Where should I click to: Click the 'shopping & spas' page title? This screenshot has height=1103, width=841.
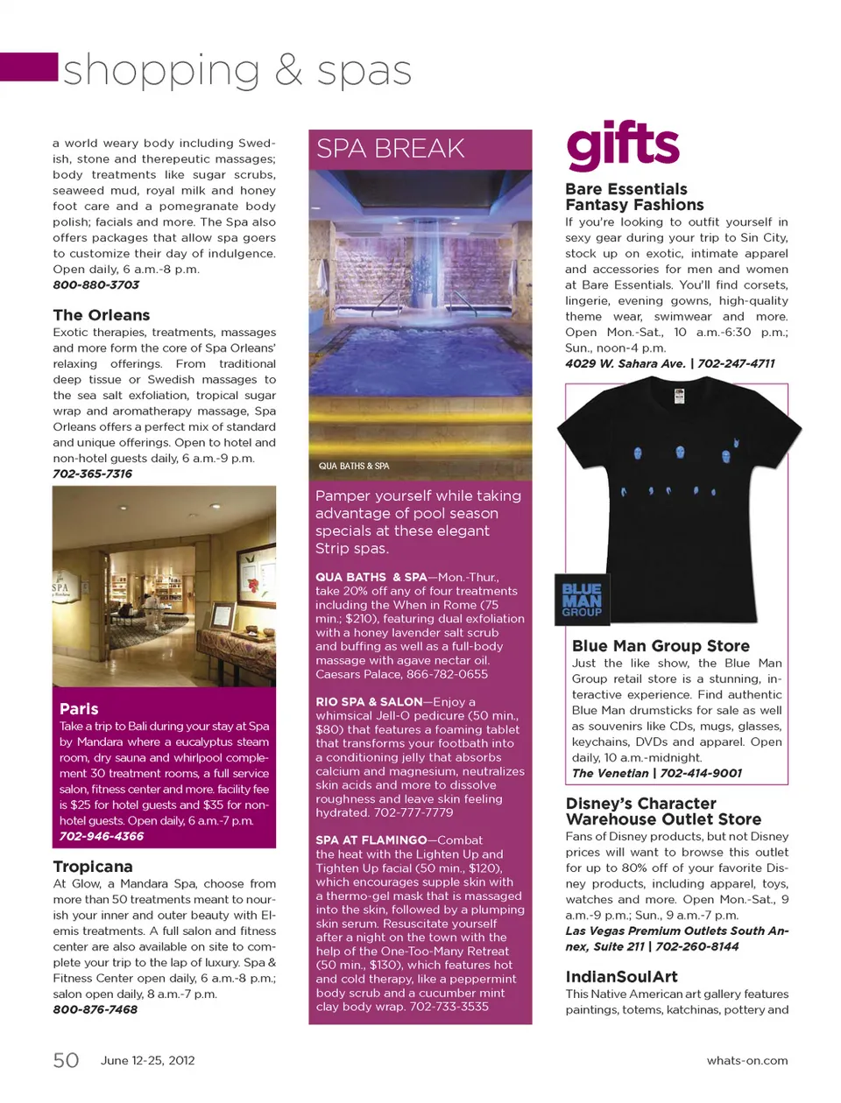[237, 70]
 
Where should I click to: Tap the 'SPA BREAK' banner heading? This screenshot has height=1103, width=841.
[391, 149]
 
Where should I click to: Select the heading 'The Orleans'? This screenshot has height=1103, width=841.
[101, 315]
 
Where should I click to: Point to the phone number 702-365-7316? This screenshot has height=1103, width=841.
[92, 474]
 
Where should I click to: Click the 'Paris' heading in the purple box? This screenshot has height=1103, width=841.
[79, 709]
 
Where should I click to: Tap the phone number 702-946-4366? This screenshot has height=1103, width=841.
[101, 836]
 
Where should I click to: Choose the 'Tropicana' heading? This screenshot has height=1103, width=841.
[93, 867]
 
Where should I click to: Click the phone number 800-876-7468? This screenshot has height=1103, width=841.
[95, 1009]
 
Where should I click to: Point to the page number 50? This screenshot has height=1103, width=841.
[66, 1060]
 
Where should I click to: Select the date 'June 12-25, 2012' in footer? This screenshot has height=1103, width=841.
[147, 1060]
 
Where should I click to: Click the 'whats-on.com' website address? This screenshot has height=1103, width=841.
[746, 1060]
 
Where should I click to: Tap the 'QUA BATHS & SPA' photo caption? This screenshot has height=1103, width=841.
[354, 466]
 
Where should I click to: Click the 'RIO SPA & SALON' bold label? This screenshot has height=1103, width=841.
[369, 702]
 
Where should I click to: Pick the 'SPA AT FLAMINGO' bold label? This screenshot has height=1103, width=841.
[371, 840]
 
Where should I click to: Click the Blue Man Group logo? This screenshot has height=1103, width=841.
[582, 600]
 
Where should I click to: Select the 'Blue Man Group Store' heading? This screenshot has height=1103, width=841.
[661, 646]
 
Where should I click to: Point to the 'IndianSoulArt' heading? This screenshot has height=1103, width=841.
[621, 977]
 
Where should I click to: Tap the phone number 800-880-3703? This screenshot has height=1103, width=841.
[95, 285]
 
